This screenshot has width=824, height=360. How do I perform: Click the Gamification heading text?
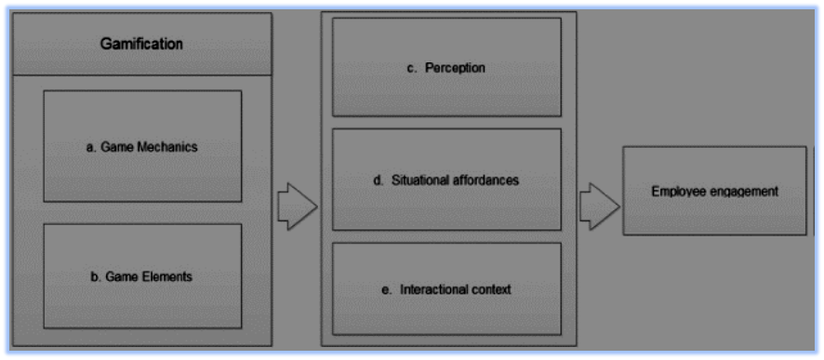point(141,44)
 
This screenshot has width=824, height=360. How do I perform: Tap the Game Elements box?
point(142,275)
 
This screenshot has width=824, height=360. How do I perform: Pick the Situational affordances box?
point(446,180)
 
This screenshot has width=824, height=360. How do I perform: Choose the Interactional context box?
point(446,288)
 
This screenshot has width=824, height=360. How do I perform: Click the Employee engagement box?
point(714,191)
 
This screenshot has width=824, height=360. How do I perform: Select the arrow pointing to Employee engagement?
point(599,204)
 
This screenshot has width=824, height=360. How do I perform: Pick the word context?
point(494,289)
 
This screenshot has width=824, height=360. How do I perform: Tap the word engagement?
point(744,192)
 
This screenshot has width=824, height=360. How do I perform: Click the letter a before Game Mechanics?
point(89,147)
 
